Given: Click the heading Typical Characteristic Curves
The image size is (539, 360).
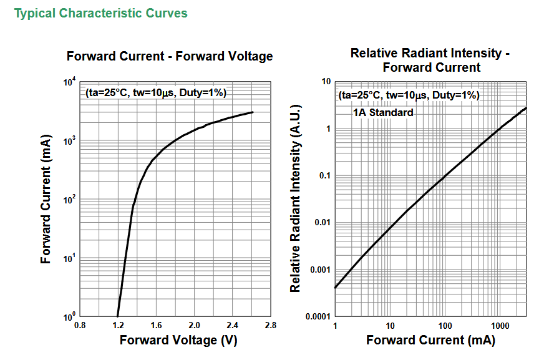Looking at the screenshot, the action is pyautogui.click(x=100, y=13).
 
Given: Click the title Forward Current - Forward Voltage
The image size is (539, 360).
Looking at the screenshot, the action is pyautogui.click(x=170, y=56).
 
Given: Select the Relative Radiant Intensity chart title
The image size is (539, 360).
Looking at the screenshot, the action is pyautogui.click(x=430, y=60).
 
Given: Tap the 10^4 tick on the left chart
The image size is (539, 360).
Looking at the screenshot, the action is pyautogui.click(x=69, y=82).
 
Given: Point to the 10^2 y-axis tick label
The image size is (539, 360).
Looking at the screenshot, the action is pyautogui.click(x=69, y=199).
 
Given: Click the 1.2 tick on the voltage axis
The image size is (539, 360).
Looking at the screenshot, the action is pyautogui.click(x=119, y=325).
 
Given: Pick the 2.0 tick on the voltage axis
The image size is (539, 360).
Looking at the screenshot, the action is pyautogui.click(x=194, y=325).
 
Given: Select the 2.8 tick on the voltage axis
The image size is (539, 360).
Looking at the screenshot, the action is pyautogui.click(x=271, y=325).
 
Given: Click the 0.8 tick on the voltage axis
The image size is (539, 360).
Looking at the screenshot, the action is pyautogui.click(x=80, y=325).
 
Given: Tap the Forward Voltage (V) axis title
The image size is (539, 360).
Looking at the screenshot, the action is pyautogui.click(x=178, y=340).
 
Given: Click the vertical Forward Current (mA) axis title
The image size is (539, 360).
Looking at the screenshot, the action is pyautogui.click(x=46, y=199).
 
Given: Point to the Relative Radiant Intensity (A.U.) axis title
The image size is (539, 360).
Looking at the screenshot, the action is pyautogui.click(x=295, y=198).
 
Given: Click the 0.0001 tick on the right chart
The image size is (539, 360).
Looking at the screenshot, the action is pyautogui.click(x=318, y=316).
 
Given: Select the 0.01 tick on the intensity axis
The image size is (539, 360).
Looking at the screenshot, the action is pyautogui.click(x=323, y=223).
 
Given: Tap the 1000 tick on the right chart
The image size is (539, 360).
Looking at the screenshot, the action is pyautogui.click(x=500, y=326).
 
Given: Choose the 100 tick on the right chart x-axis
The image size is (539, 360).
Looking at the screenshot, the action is pyautogui.click(x=445, y=326).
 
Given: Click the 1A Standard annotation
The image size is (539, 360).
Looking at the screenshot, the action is pyautogui.click(x=383, y=112).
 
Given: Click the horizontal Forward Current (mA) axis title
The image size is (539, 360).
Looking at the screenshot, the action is pyautogui.click(x=430, y=340).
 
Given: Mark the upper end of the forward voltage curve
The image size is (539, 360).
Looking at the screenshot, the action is pyautogui.click(x=253, y=112).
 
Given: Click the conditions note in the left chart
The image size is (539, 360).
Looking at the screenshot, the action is pyautogui.click(x=156, y=93).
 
